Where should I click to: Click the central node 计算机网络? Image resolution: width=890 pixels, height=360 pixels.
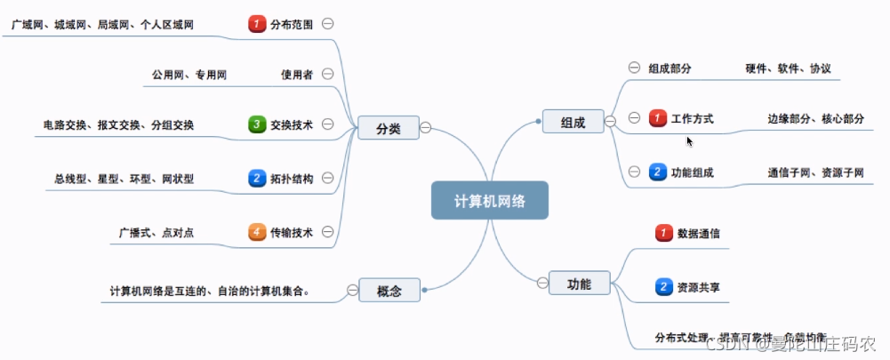490,201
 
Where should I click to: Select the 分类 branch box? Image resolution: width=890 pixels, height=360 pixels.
389,128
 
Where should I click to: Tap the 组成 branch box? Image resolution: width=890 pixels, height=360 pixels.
573,122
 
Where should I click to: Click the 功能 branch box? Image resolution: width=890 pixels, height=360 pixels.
579,283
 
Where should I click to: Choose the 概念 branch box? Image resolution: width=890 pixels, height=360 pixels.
389,290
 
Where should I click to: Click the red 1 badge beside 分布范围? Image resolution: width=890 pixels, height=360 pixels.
257,24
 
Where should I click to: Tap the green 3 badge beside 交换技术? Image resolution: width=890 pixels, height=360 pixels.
257,124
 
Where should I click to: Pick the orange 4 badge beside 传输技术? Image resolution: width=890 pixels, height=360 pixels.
257,232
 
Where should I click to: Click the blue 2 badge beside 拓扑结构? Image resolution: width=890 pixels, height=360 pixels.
257,178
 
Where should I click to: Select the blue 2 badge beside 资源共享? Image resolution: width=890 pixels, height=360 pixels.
663,286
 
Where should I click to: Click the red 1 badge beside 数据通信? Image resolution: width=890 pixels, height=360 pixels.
663,233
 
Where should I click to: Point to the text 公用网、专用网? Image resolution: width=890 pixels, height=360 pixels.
188,75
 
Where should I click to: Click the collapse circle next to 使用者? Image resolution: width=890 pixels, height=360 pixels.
327,74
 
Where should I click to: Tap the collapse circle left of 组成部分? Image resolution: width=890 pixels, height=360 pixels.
634,67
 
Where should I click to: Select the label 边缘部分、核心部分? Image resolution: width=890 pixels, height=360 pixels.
815,118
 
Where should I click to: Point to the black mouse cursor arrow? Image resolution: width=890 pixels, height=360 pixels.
689,140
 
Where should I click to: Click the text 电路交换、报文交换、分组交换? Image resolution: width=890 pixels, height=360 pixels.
118,125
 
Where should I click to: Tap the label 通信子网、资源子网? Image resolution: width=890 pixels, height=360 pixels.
815,172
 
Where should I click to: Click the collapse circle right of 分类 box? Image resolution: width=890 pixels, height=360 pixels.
426,128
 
